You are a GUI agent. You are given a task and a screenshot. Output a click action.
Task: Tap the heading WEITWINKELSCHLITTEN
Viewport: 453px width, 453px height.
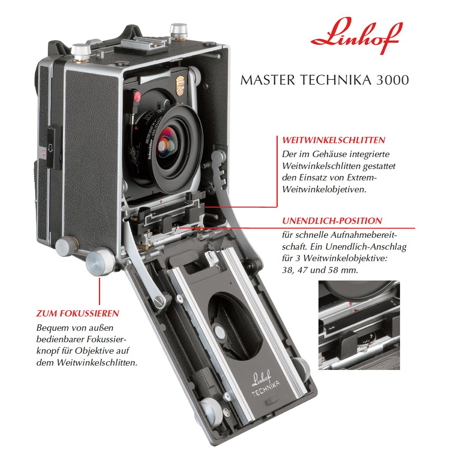334,140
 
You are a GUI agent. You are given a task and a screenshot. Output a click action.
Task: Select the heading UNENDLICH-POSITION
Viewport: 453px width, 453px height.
332,221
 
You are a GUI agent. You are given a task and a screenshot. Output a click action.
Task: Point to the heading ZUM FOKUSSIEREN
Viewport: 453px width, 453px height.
78,313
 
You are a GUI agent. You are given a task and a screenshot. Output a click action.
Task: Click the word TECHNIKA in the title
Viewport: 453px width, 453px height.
336,80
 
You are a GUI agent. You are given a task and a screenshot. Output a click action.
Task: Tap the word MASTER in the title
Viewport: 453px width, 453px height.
268,80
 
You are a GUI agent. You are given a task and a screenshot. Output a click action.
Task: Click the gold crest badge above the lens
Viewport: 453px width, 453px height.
180,85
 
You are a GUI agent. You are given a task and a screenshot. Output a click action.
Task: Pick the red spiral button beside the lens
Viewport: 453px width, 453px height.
137,96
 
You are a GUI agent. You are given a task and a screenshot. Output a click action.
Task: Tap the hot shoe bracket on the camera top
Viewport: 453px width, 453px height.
142,46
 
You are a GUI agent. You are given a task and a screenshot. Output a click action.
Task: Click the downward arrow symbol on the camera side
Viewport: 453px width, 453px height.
50,148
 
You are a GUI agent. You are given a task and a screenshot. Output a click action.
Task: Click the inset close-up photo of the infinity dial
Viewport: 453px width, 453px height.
359,325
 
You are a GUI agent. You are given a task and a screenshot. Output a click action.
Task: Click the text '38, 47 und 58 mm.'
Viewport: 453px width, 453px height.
320,270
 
